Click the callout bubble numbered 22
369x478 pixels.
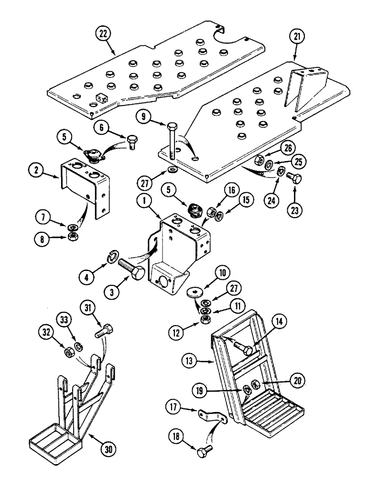click(x=102, y=34)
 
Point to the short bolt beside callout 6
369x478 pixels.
click(x=131, y=142)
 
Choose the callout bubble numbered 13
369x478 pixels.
click(x=193, y=372)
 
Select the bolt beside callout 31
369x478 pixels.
click(x=106, y=332)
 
